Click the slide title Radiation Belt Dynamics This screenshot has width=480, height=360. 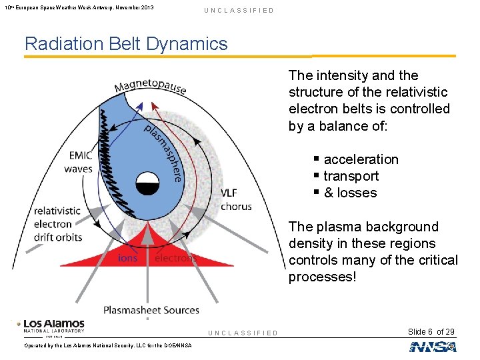tap(126, 44)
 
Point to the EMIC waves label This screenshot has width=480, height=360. tap(79, 163)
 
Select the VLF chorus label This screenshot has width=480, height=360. tap(236, 200)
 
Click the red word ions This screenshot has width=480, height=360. tap(128, 258)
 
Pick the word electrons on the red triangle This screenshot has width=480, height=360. tap(175, 258)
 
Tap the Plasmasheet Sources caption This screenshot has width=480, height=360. tap(151, 310)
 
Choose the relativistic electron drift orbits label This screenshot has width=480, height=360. tap(58, 224)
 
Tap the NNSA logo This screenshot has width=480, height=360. tap(433, 347)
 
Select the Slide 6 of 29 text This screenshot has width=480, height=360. tap(431, 332)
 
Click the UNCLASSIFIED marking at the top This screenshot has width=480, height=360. tap(239, 11)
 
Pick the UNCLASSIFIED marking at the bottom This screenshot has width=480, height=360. tap(243, 333)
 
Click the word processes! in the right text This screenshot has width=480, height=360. tap(322, 277)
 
